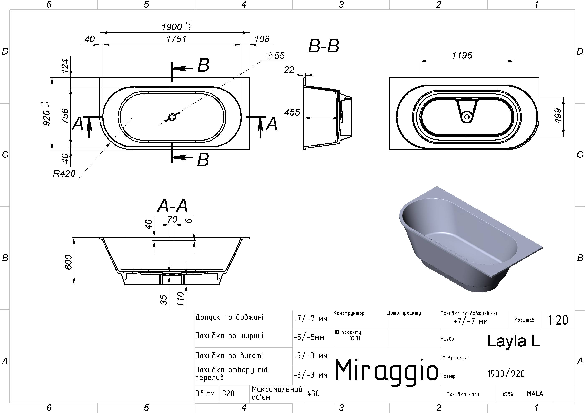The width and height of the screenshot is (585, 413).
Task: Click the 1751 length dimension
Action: [176, 39]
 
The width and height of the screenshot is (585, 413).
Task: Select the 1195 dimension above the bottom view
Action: [462, 55]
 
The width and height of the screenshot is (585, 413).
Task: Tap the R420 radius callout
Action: [64, 174]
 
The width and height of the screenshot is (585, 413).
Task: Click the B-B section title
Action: [323, 47]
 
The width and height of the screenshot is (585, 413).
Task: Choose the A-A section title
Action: [172, 206]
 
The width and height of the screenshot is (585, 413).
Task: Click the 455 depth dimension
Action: [292, 112]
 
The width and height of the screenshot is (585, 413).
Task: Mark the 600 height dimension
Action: [69, 262]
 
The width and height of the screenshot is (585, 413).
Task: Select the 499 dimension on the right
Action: [558, 116]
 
